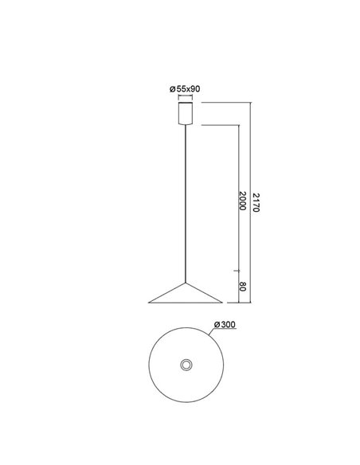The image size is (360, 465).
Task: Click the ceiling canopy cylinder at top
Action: click(186, 112)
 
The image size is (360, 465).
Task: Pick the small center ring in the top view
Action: click(186, 364)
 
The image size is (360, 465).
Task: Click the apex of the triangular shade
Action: click(186, 283)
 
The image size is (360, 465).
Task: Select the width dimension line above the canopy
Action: click(186, 97)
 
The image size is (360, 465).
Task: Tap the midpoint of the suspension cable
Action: click(186, 204)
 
